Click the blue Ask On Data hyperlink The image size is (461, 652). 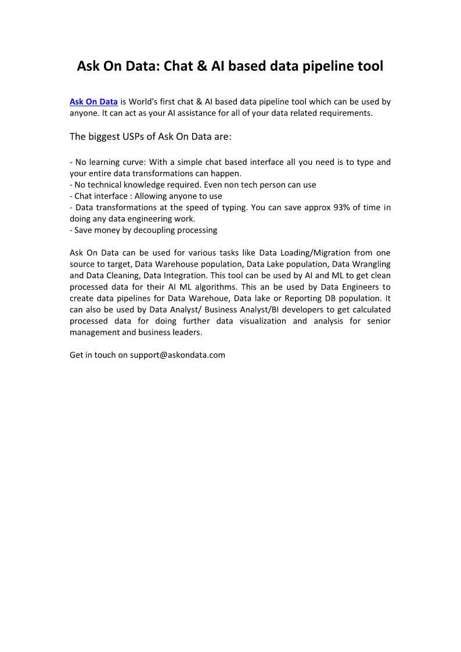93,102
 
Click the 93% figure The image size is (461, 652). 345,208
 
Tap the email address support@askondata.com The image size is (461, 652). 177,355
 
